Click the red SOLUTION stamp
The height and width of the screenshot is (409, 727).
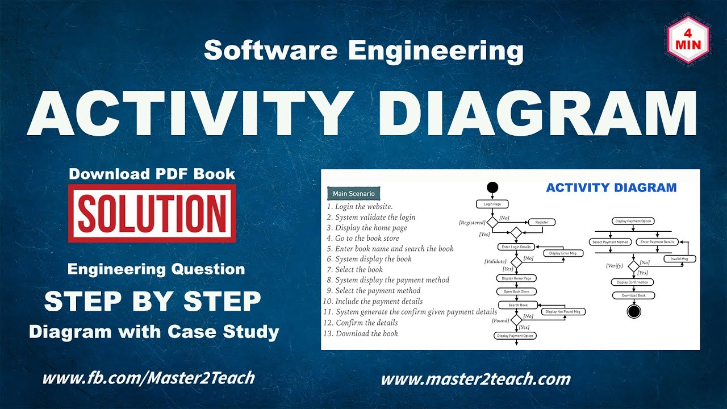(x=152, y=213)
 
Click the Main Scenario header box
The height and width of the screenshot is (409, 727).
(x=353, y=194)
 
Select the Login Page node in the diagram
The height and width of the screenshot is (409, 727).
(x=492, y=204)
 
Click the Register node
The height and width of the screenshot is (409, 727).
(x=542, y=222)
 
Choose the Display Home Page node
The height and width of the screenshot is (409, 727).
(x=516, y=278)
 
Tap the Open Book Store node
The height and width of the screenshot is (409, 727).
(x=516, y=291)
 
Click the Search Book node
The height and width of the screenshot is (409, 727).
(x=517, y=305)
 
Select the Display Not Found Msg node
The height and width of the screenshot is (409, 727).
(x=562, y=311)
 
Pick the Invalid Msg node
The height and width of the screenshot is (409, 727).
(x=680, y=259)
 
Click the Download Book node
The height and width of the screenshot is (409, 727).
(x=633, y=295)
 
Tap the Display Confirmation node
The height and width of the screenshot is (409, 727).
(x=633, y=282)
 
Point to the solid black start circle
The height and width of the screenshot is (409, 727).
(x=492, y=187)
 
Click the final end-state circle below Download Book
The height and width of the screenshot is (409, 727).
(x=633, y=311)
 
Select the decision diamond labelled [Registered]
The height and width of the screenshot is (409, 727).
(x=492, y=223)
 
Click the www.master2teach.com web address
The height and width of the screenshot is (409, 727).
(x=475, y=379)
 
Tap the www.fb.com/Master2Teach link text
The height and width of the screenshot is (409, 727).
(x=148, y=378)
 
